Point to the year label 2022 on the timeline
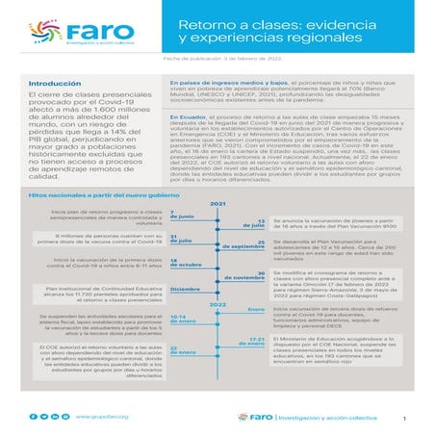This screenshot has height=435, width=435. tap(217, 305)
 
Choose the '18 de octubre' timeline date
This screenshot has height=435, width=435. tap(183, 262)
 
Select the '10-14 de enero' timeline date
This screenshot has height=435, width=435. tap(182, 320)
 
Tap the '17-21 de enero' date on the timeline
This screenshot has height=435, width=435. tap(254, 342)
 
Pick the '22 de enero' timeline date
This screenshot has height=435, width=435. tap(181, 350)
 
